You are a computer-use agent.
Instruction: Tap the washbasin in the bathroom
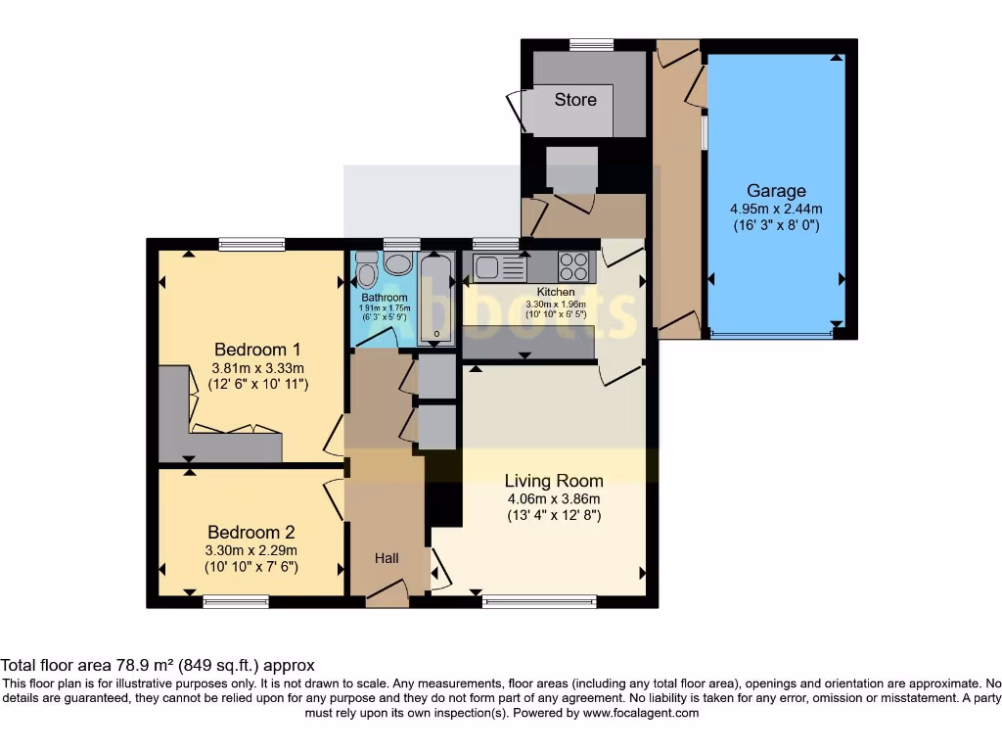(x=397, y=262)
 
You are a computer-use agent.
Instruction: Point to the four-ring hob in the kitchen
(x=573, y=266)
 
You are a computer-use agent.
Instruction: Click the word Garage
(x=776, y=191)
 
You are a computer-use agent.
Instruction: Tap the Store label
(x=575, y=99)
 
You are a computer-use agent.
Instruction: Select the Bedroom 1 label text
(x=257, y=350)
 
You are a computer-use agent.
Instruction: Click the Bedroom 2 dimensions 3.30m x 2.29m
(x=250, y=550)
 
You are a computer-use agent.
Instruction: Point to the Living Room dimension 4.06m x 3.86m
(x=553, y=498)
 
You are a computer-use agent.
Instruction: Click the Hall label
(x=387, y=558)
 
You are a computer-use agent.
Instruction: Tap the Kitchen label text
(x=555, y=292)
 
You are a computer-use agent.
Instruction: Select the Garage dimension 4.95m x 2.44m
(x=776, y=209)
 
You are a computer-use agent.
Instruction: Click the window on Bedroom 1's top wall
(x=251, y=244)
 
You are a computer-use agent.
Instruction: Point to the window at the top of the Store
(x=591, y=44)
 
